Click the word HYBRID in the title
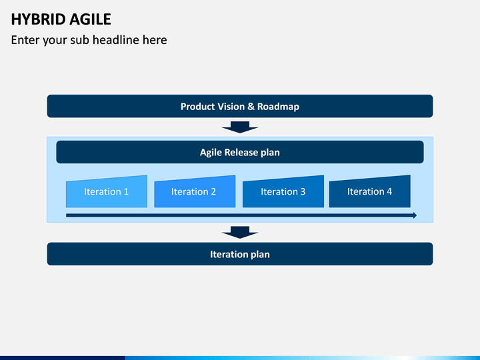click(38, 19)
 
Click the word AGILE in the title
click(90, 19)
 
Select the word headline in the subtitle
click(116, 40)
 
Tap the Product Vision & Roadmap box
click(240, 106)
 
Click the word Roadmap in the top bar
click(278, 107)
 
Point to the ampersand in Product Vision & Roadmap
click(251, 106)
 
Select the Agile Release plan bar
click(240, 152)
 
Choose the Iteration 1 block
click(107, 191)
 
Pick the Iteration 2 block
click(195, 191)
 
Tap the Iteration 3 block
click(283, 191)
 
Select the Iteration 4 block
click(370, 191)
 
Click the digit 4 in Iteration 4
click(389, 191)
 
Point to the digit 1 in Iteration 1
click(126, 191)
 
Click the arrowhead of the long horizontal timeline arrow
click(415, 215)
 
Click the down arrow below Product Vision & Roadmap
click(240, 127)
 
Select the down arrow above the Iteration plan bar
click(240, 233)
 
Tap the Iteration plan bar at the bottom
click(240, 254)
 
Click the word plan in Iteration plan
click(260, 255)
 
